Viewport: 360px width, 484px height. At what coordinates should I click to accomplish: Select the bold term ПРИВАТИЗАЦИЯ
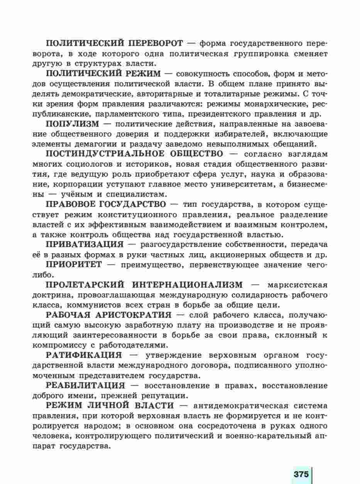85,244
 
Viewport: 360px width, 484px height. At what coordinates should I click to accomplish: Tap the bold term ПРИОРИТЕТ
74,264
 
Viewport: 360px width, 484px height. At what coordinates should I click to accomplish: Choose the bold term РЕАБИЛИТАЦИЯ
85,385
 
